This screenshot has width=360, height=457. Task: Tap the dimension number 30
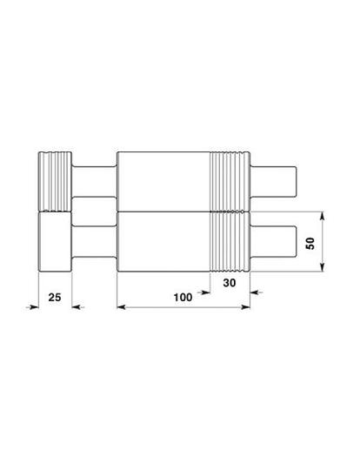pos(230,283)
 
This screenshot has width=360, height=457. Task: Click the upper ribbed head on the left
pos(55,180)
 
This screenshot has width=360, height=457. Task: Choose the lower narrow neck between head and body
pos(94,242)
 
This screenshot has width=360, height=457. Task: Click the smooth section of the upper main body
pos(163,180)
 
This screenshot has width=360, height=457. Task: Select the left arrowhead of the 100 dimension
pos(121,306)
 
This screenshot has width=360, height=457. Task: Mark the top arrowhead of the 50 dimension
pos(323,215)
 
